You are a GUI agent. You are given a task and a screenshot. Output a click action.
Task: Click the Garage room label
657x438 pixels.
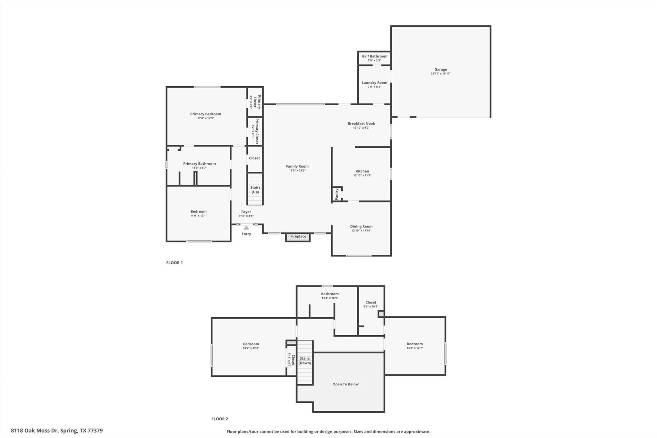(x=440, y=69)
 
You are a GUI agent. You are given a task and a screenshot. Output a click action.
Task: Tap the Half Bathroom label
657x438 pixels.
(x=374, y=56)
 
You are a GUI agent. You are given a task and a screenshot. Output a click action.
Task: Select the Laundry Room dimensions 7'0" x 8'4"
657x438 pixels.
(x=374, y=87)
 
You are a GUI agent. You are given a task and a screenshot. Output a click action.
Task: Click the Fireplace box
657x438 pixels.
(x=298, y=237)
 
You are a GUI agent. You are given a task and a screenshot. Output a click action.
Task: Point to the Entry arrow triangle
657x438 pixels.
(x=246, y=228)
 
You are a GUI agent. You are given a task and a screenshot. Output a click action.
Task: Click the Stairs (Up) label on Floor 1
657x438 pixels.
(x=255, y=190)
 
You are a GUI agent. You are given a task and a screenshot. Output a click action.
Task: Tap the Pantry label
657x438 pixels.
(x=337, y=194)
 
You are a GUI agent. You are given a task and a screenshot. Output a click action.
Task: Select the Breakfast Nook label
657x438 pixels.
(x=361, y=124)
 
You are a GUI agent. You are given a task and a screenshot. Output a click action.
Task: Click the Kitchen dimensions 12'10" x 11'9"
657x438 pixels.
(x=362, y=176)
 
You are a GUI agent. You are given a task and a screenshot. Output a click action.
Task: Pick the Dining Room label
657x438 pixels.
(x=361, y=226)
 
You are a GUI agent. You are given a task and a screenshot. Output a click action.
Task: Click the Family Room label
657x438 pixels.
(x=297, y=166)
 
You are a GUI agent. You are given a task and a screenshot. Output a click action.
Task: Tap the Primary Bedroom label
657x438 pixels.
(x=206, y=114)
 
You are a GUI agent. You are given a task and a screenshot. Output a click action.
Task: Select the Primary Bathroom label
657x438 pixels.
(x=199, y=164)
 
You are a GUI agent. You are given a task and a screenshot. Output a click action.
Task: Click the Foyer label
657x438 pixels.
(x=246, y=212)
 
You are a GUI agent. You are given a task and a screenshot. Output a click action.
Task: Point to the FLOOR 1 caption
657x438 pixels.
(x=175, y=263)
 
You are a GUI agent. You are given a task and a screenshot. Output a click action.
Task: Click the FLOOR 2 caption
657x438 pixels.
(x=220, y=419)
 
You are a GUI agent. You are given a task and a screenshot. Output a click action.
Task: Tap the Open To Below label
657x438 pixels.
(x=346, y=384)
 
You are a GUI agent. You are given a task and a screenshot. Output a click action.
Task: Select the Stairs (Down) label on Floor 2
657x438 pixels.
(x=305, y=361)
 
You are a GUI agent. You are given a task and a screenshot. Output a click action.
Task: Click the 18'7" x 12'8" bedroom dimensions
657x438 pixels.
(x=251, y=348)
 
